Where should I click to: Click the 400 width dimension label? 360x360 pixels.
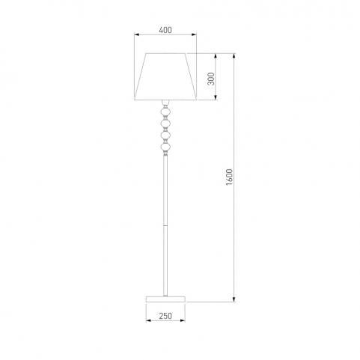pos(165,30)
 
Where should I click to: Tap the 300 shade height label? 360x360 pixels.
pos(211,79)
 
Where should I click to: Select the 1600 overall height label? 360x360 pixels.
pos(229,177)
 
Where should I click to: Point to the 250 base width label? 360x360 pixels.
pos(165,316)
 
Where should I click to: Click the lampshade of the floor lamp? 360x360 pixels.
pos(165,76)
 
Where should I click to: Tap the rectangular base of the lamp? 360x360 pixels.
pos(165,299)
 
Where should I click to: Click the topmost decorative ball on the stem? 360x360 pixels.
pos(165,112)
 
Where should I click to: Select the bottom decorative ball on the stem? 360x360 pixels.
pos(165,147)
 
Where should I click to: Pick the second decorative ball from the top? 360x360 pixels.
pos(165,123)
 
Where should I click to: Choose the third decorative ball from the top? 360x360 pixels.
pos(165,135)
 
